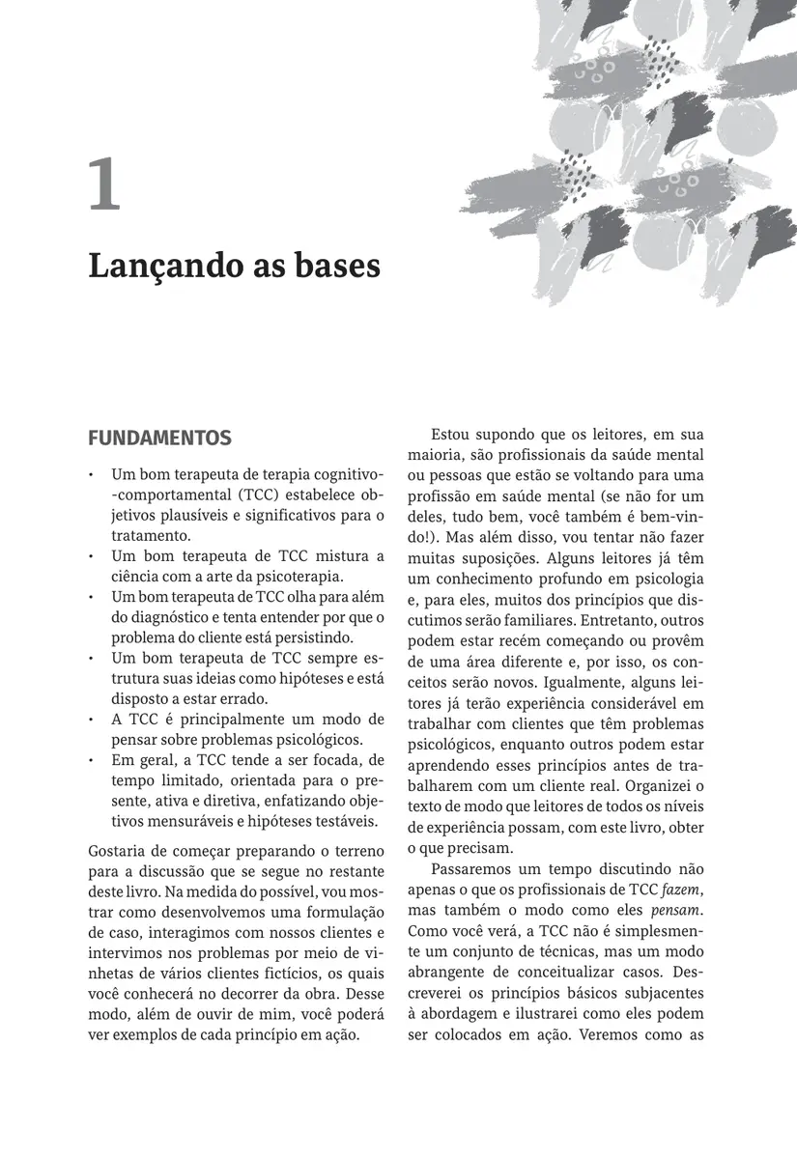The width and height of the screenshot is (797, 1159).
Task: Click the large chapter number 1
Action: click(x=104, y=186)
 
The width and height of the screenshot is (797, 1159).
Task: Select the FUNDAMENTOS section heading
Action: click(x=159, y=438)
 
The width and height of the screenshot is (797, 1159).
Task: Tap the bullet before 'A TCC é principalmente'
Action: click(x=90, y=721)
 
